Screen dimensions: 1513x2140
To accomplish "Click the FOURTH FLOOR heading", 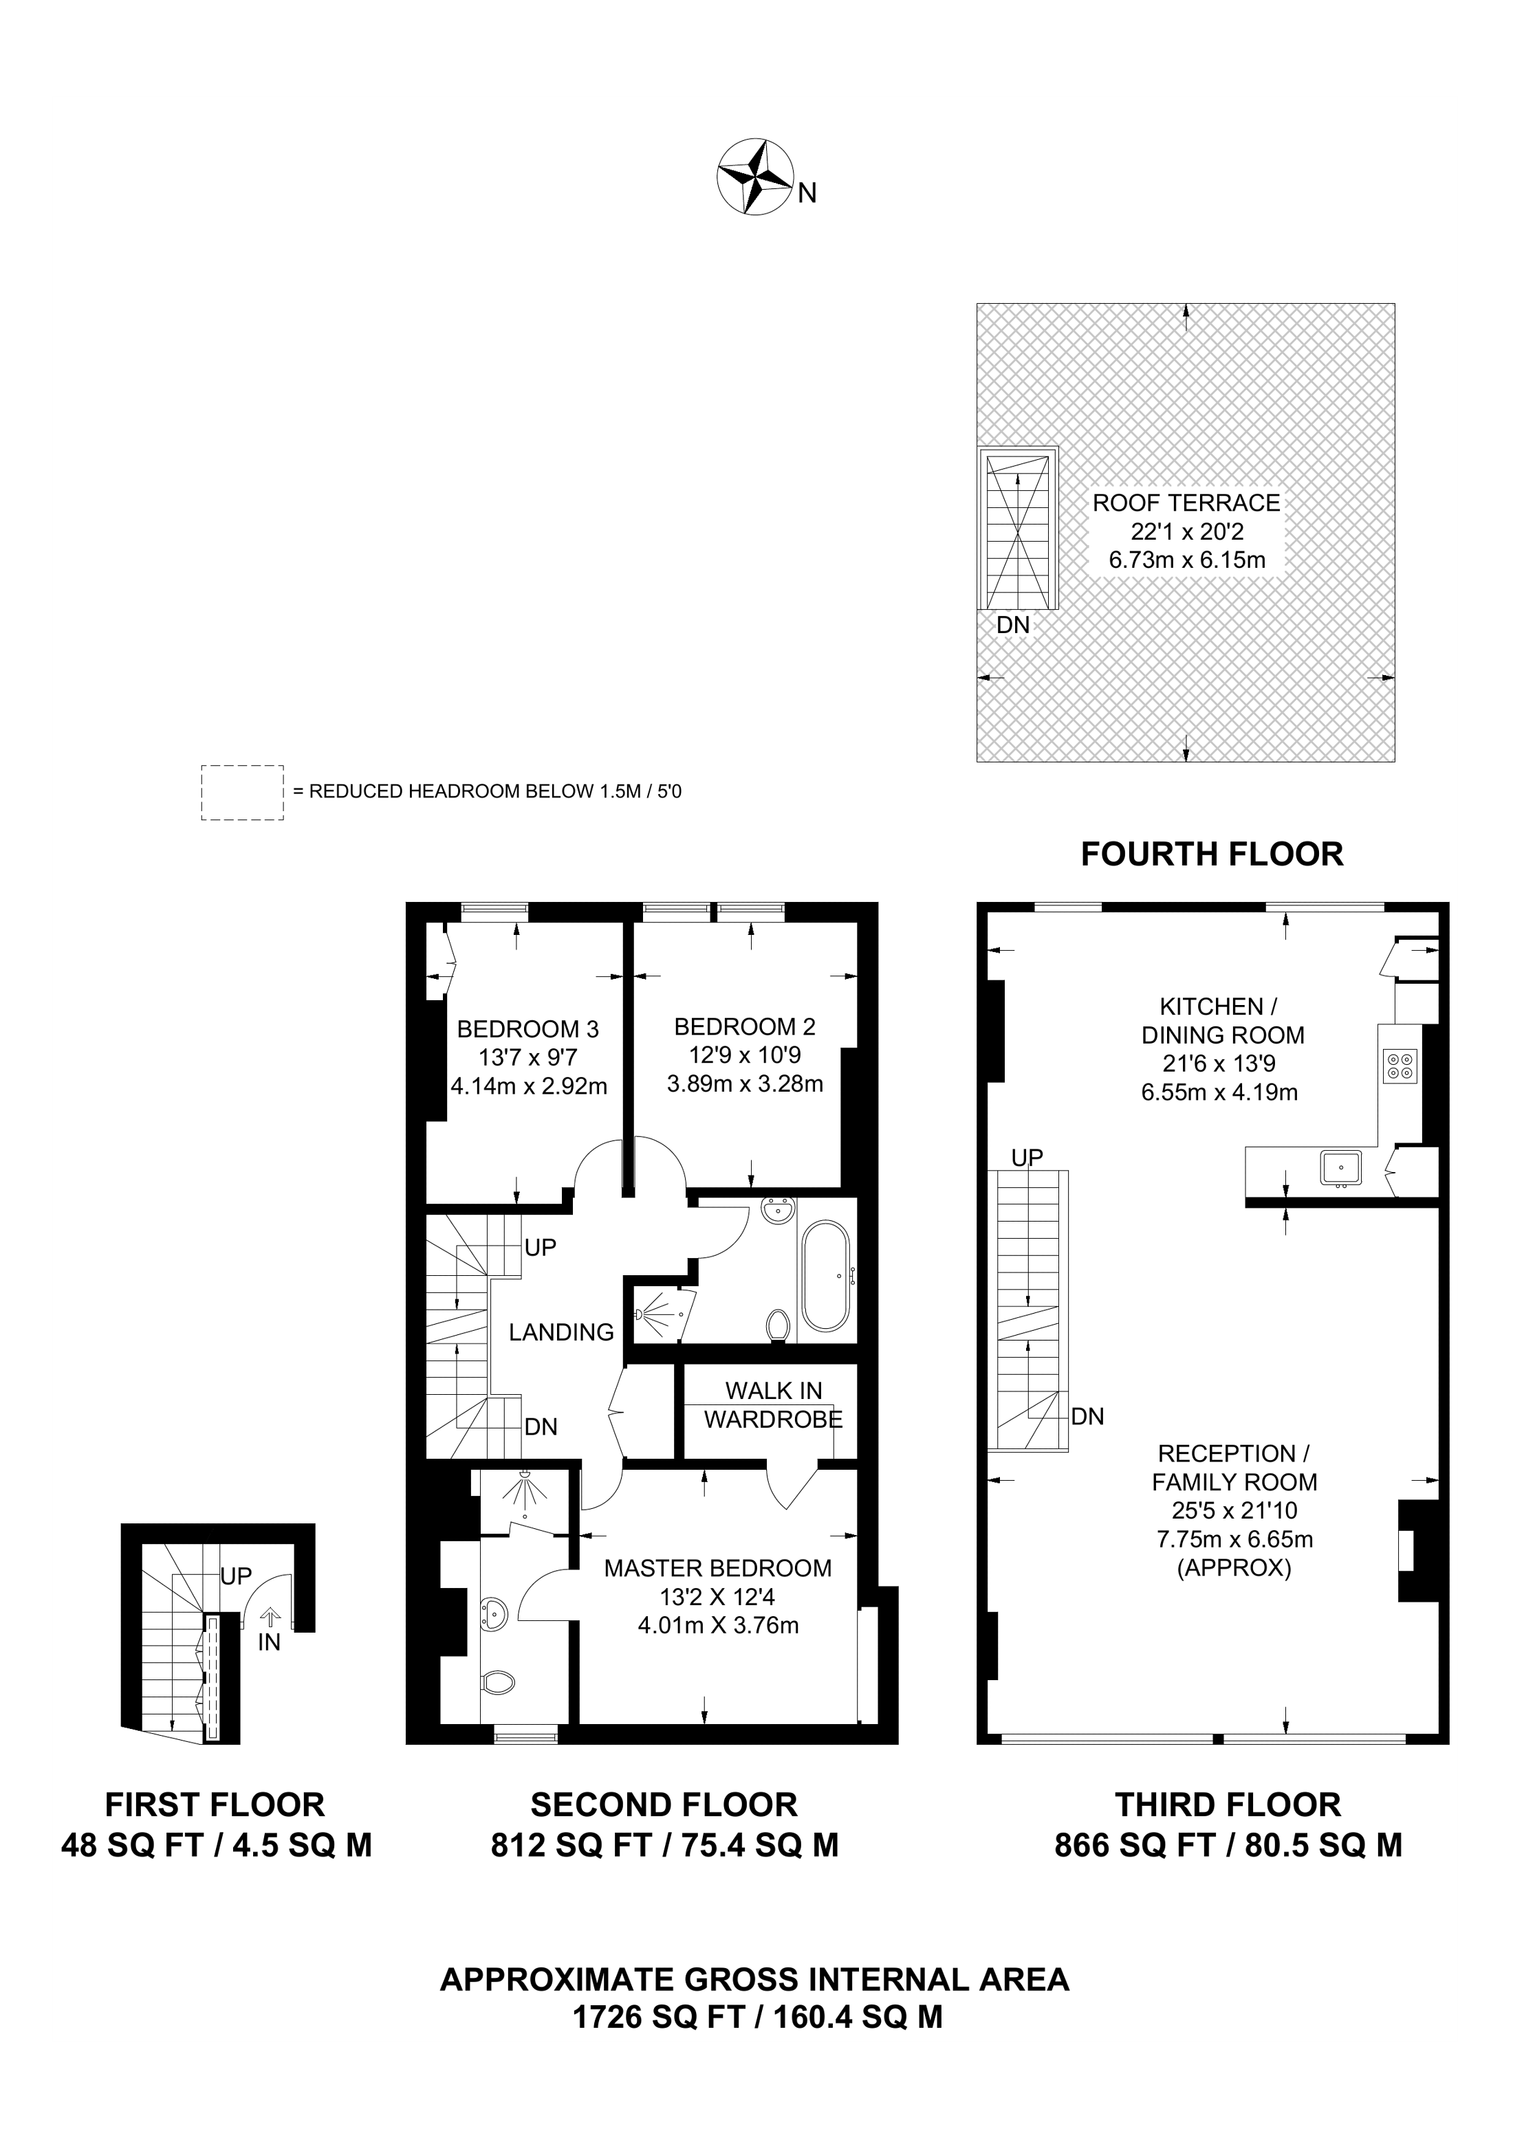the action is (1212, 854).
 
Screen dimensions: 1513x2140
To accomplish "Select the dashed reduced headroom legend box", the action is (242, 793).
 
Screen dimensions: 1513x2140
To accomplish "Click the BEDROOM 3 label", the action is (527, 1029).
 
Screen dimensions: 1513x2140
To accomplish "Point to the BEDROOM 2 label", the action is (745, 1027).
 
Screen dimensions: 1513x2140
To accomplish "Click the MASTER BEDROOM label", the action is (718, 1568).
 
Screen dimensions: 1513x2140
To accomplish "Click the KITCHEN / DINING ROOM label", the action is (1222, 1021).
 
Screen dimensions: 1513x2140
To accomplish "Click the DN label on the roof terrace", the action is (1013, 624).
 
